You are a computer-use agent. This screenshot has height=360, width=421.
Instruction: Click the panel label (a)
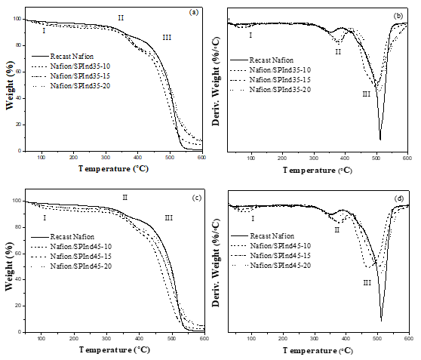[193, 13]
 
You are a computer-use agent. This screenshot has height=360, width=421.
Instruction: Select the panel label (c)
[195, 198]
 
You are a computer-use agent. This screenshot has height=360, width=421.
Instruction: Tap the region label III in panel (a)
[167, 37]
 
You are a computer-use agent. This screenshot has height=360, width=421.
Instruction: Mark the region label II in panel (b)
[338, 52]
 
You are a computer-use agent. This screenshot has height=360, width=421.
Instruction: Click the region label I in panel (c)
[44, 218]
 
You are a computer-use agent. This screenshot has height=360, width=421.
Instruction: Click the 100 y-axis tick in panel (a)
[18, 20]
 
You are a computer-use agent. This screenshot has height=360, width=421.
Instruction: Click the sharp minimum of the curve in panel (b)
[380, 140]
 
